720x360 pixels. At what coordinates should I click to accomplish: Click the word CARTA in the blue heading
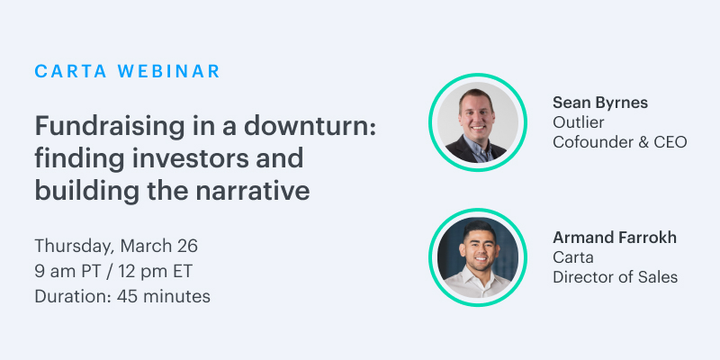point(71,71)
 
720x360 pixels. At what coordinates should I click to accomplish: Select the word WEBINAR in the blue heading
point(169,71)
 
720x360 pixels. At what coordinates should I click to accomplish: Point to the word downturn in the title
point(305,126)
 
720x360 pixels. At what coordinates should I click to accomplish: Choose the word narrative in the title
point(253,192)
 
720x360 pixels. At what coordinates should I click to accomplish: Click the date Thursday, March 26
point(116,247)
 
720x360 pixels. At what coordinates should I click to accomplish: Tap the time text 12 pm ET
point(155,272)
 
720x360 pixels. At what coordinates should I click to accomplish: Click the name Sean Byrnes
point(600,103)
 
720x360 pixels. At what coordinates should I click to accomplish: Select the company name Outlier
point(578,122)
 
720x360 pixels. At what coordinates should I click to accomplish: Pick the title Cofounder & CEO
point(620,142)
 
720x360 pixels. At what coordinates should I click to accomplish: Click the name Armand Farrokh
point(615,238)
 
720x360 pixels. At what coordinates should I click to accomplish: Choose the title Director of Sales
point(616,277)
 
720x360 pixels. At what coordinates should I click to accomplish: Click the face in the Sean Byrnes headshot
point(476,114)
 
